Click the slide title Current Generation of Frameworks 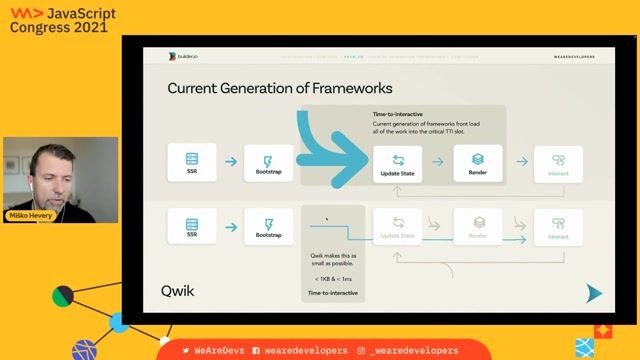[x=279, y=88]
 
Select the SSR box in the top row [x=191, y=161]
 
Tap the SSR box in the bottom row [x=191, y=227]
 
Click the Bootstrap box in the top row [x=268, y=161]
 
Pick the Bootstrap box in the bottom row [x=268, y=227]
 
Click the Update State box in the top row [x=398, y=162]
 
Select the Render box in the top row [x=477, y=161]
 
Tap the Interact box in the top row [x=557, y=162]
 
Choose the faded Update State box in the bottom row [x=398, y=228]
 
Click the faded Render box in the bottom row [x=477, y=228]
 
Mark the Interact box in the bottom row [x=557, y=228]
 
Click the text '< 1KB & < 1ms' [x=332, y=278]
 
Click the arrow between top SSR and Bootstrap [x=230, y=161]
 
